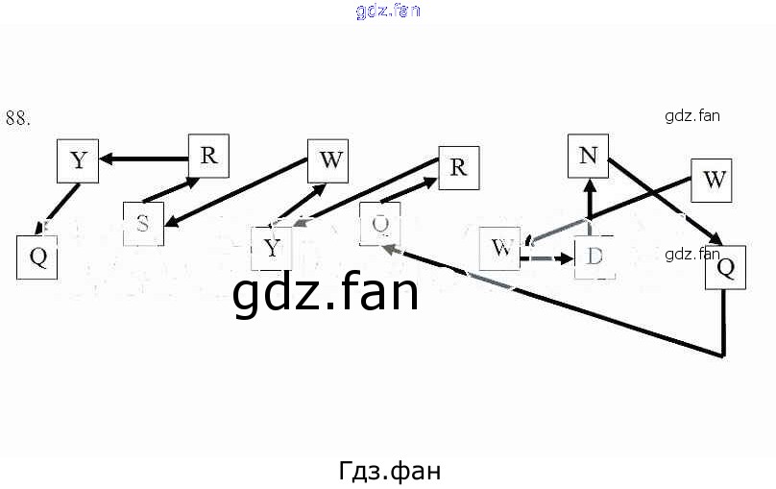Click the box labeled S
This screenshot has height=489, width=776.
click(x=143, y=224)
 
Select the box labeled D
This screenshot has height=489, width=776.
click(x=594, y=257)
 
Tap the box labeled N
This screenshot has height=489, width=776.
click(x=589, y=156)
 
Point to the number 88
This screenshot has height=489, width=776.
click(x=18, y=118)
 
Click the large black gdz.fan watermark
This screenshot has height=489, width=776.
click(x=326, y=292)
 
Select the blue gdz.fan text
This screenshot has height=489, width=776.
click(x=388, y=12)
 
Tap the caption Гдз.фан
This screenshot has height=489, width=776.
click(x=389, y=471)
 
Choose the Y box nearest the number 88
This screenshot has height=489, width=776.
click(x=79, y=160)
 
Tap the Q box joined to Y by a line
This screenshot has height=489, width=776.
click(x=37, y=257)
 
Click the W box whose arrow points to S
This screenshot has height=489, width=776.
click(x=329, y=160)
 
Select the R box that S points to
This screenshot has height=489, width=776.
click(x=208, y=155)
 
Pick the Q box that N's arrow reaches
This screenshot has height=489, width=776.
click(x=725, y=267)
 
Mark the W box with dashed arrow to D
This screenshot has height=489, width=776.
click(x=499, y=248)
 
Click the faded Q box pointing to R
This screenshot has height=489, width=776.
click(x=379, y=224)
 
